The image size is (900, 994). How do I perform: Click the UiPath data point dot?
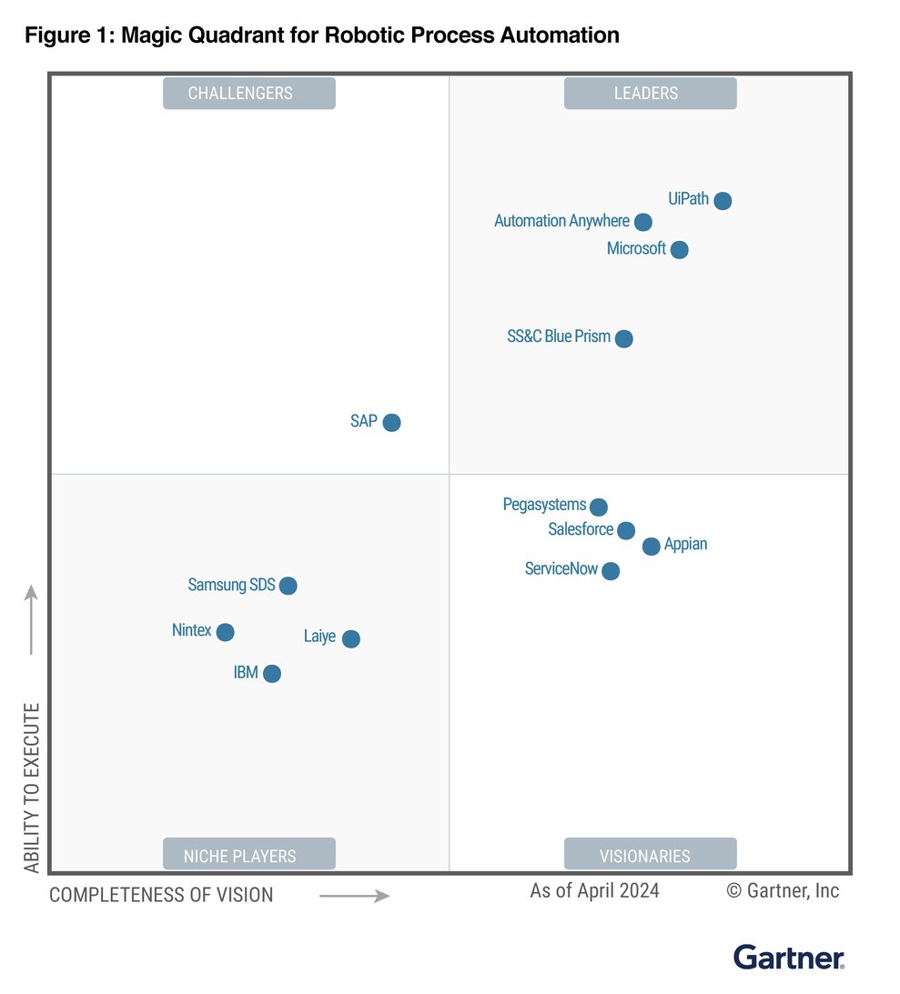pyautogui.click(x=723, y=201)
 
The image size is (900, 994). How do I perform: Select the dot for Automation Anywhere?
pyautogui.click(x=643, y=222)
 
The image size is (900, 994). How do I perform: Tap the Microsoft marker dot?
pyautogui.click(x=679, y=249)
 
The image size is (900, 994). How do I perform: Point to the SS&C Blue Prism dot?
pyautogui.click(x=624, y=338)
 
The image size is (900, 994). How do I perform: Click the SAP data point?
pyautogui.click(x=391, y=422)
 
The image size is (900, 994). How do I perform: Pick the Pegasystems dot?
pyautogui.click(x=599, y=507)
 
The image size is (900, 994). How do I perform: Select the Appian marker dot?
pyautogui.click(x=652, y=547)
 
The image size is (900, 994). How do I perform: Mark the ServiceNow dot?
pyautogui.click(x=611, y=571)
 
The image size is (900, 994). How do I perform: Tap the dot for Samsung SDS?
pyautogui.click(x=288, y=586)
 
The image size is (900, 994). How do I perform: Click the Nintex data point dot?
pyautogui.click(x=226, y=632)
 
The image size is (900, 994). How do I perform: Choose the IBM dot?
pyautogui.click(x=272, y=674)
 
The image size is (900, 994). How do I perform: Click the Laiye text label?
pyautogui.click(x=319, y=637)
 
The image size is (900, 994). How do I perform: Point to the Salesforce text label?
pyautogui.click(x=581, y=529)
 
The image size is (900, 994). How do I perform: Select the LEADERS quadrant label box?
pyautogui.click(x=650, y=94)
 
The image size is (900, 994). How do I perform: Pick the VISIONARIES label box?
pyautogui.click(x=650, y=855)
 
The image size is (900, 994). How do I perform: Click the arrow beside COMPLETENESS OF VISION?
pyautogui.click(x=355, y=896)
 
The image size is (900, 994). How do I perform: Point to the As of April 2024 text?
pyautogui.click(x=594, y=890)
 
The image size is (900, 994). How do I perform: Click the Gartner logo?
pyautogui.click(x=789, y=957)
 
